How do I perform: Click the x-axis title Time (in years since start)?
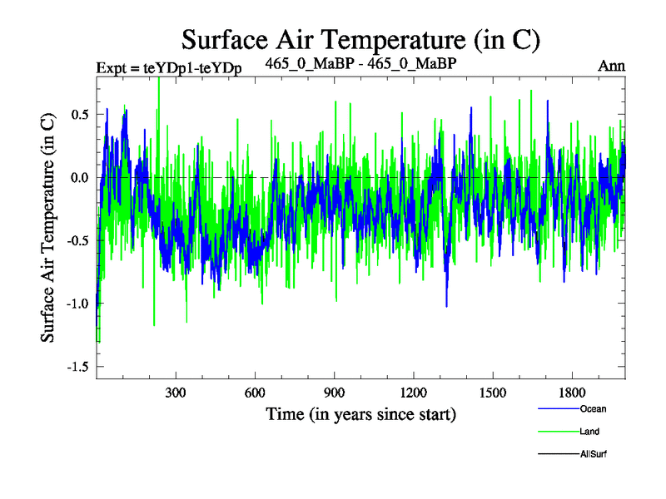click(360, 413)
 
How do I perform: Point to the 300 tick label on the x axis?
click(176, 392)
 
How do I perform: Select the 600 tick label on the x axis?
click(255, 392)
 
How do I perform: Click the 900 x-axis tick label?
click(334, 392)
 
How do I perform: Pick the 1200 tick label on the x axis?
click(413, 392)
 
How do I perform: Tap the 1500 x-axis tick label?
click(492, 392)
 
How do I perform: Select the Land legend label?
click(589, 432)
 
